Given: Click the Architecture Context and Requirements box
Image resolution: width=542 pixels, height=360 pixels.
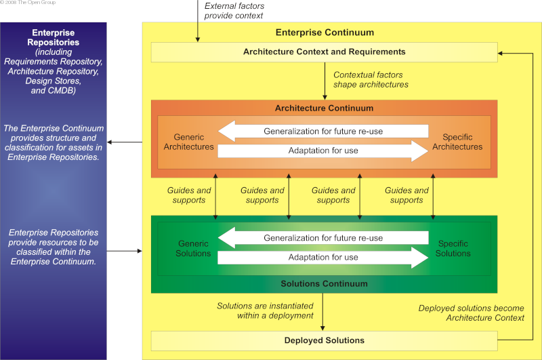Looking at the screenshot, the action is coord(325,52).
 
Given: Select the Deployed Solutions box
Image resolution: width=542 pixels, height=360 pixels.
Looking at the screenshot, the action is coord(325,341).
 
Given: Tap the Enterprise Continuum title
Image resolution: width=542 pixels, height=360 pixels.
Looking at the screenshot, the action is coord(325,33).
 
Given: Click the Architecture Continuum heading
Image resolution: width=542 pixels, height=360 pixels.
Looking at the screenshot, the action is coord(324,108).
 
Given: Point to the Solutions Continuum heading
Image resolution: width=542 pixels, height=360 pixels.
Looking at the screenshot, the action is coord(324,284).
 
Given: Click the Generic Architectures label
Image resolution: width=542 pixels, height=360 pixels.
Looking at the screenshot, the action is coord(189,142).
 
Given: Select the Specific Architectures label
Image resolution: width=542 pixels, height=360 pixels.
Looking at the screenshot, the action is coord(457,142).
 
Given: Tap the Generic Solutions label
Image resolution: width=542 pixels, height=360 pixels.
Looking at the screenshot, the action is coord(193,249).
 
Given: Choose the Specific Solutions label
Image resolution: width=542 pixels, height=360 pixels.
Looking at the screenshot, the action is coord(453,249).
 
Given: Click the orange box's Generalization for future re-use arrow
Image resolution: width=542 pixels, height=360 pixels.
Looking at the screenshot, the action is coord(323,131).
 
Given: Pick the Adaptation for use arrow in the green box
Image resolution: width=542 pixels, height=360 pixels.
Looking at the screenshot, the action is coord(323,258).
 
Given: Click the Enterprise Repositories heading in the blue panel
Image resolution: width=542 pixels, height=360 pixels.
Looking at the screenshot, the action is coord(54,37).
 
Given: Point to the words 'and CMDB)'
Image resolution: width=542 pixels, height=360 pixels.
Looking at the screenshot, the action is coord(54,91).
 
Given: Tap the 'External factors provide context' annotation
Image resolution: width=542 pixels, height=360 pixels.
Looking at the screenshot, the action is coord(234,11).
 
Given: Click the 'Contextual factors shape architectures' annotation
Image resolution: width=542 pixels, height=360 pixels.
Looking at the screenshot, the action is coord(371,80).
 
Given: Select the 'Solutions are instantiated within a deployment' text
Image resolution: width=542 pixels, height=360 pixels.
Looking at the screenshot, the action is coord(265,311).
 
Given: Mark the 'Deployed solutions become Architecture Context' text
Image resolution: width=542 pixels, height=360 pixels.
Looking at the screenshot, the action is coord(471,313).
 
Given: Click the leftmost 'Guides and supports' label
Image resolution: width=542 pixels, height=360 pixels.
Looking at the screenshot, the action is coord(189,195).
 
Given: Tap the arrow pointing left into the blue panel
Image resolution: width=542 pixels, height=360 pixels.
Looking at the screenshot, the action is coord(125,142).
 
